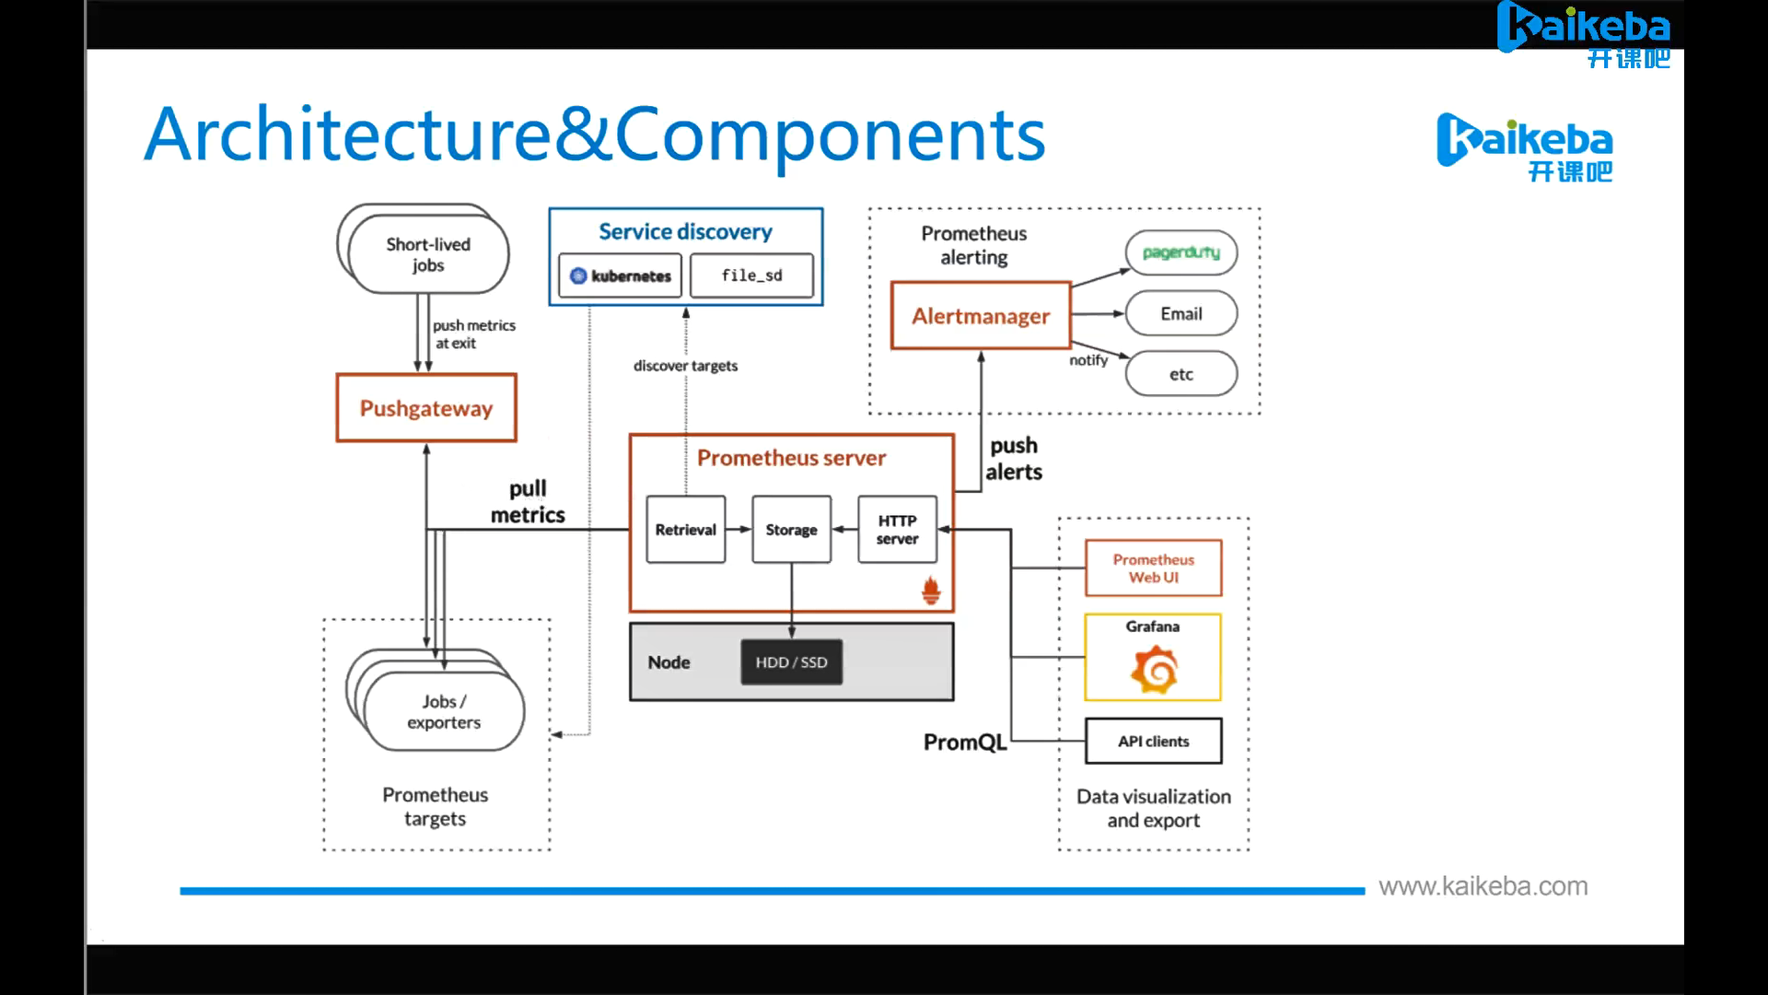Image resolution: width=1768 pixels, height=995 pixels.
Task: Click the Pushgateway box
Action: click(426, 408)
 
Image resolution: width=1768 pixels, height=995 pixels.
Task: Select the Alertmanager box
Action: click(981, 316)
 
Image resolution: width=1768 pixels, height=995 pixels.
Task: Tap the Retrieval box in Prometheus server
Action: click(685, 530)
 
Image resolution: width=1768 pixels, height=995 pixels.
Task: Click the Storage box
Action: click(791, 530)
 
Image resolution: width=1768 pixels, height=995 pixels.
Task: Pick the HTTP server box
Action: click(897, 530)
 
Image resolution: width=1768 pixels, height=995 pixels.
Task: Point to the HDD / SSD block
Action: click(791, 662)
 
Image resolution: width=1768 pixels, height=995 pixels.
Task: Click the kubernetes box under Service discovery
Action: click(620, 275)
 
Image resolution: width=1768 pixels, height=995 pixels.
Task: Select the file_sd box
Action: click(751, 275)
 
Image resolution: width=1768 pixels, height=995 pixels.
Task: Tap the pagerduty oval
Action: click(1181, 252)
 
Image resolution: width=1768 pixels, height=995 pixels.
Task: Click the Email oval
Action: click(1181, 314)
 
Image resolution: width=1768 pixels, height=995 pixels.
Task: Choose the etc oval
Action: click(1181, 374)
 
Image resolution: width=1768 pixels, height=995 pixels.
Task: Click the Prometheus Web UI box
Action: click(1153, 568)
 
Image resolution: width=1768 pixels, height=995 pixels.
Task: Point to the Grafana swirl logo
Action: click(1154, 670)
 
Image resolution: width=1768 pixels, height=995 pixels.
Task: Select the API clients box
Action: click(1153, 742)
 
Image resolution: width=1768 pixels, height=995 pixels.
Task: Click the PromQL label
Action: click(964, 743)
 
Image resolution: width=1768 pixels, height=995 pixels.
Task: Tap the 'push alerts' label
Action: click(1013, 459)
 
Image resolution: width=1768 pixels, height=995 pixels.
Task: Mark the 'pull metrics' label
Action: click(528, 502)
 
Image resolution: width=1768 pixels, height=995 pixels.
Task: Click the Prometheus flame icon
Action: click(931, 591)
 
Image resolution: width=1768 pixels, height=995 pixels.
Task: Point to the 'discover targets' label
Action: click(685, 366)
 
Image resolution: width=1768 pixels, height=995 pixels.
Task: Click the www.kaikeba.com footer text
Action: click(1483, 886)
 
